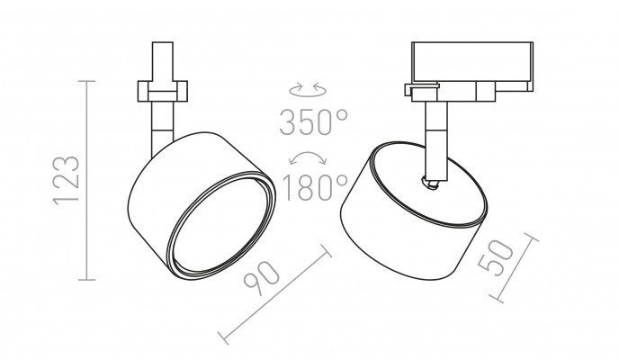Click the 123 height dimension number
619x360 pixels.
click(67, 180)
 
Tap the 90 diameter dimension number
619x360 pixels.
click(262, 279)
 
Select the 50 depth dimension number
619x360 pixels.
click(496, 257)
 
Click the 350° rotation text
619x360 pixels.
click(314, 122)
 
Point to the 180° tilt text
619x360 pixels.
click(315, 187)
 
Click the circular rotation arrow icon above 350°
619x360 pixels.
click(308, 90)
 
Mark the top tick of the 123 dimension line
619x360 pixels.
click(87, 81)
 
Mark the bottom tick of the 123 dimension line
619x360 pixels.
click(87, 280)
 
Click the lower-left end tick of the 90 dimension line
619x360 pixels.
click(223, 338)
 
